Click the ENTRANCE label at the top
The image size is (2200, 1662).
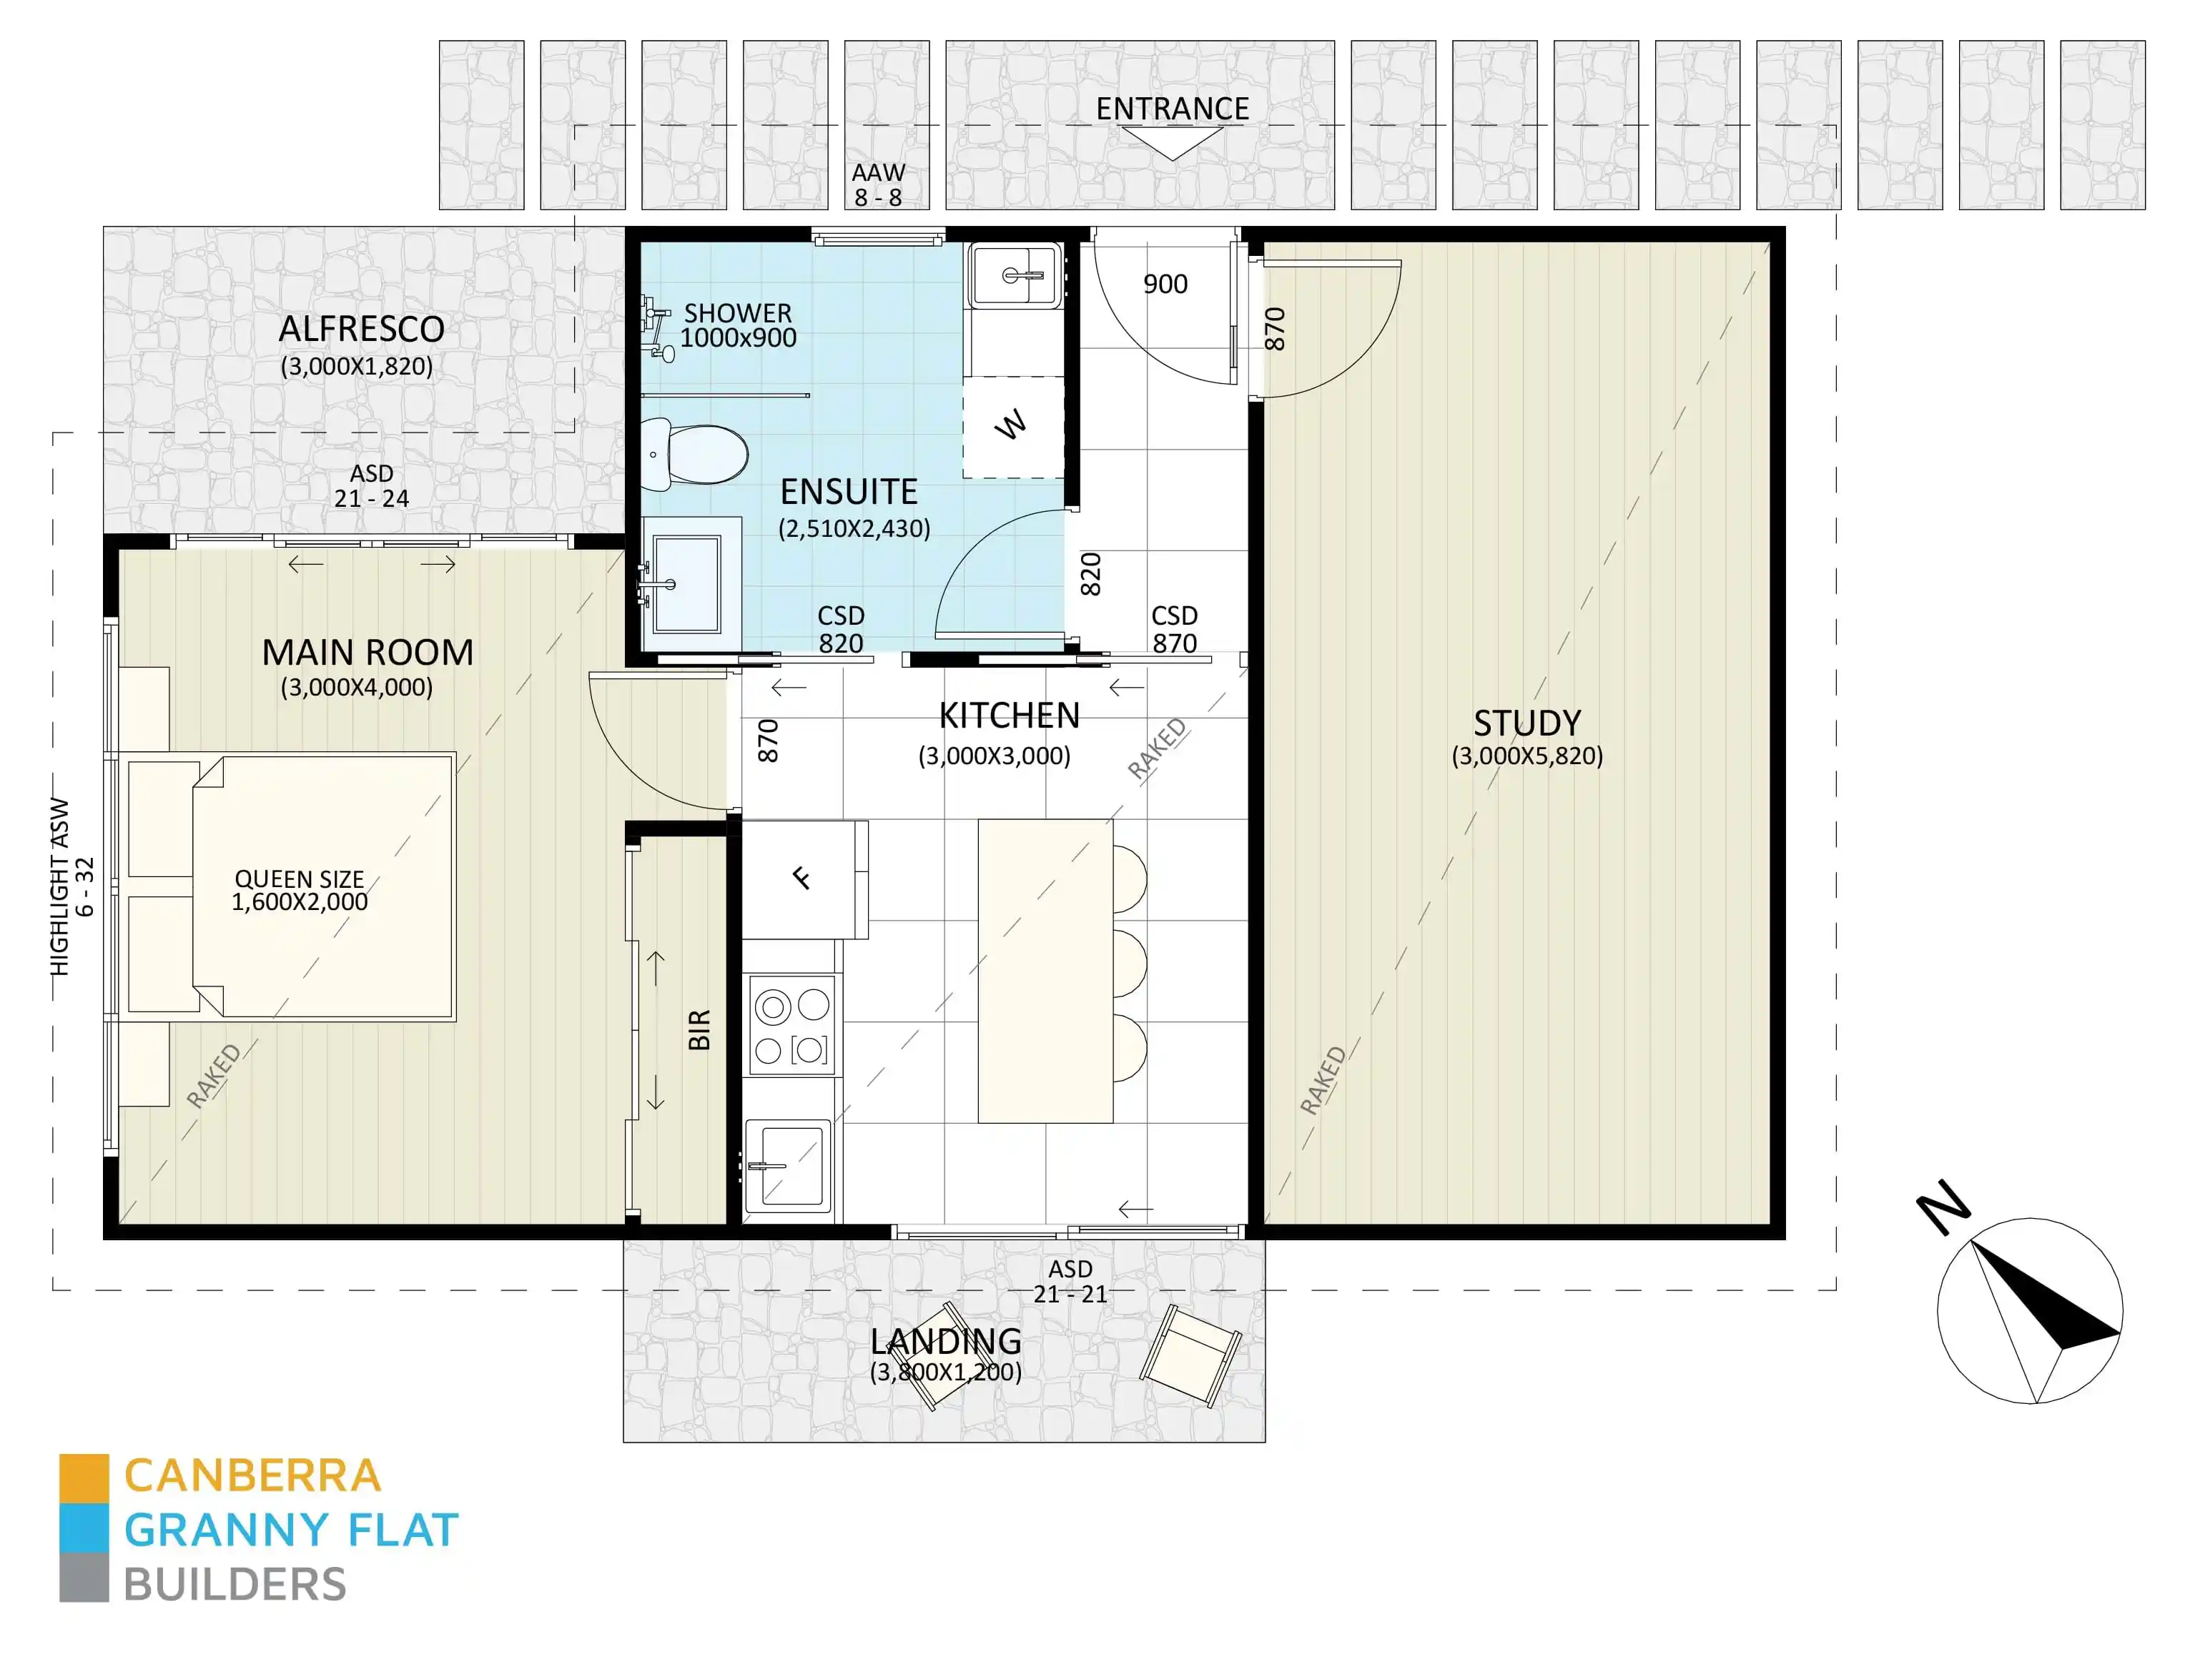coord(1172,109)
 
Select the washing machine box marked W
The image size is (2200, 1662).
coord(1012,426)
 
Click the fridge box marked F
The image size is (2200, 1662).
coord(801,879)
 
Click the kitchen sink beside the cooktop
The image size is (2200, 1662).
coord(786,1166)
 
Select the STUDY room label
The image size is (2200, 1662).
coord(1526,723)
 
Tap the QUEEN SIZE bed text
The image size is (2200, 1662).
coord(300,890)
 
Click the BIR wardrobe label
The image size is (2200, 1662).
coord(699,1029)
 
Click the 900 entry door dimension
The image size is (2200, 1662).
coord(1165,285)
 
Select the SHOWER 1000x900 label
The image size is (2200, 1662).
coord(737,325)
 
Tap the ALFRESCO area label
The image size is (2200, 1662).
coord(361,330)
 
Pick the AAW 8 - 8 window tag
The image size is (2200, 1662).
coord(878,185)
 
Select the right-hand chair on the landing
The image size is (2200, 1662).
coord(1190,1355)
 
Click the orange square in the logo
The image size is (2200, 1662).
coord(84,1478)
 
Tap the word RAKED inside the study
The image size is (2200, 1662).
coord(1323,1080)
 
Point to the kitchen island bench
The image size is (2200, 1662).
coord(1045,971)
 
